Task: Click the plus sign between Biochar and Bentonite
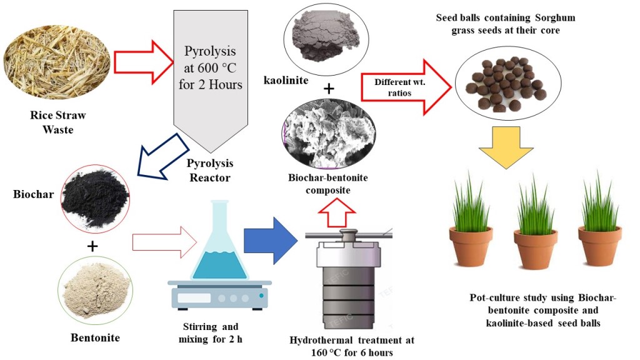coord(92,246)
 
